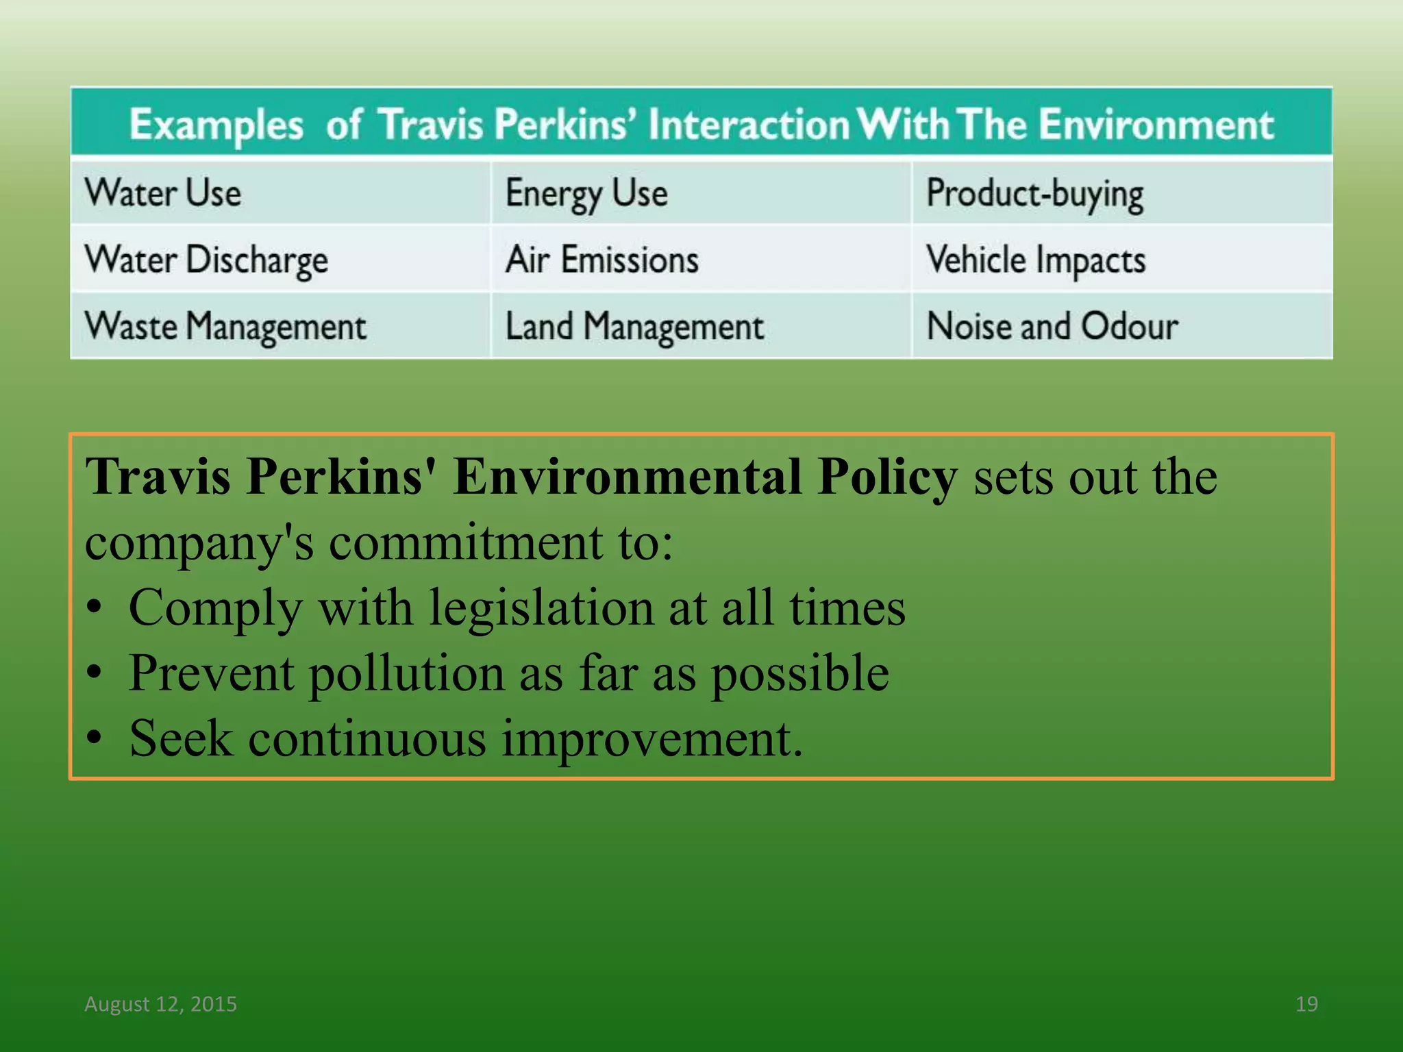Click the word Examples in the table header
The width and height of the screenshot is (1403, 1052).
pyautogui.click(x=216, y=125)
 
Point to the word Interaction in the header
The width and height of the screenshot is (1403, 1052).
pyautogui.click(x=749, y=125)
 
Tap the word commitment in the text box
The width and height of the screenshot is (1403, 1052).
pyautogui.click(x=467, y=542)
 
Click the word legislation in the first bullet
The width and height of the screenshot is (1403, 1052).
pyautogui.click(x=541, y=608)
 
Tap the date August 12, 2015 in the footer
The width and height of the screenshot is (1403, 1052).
pyautogui.click(x=160, y=1003)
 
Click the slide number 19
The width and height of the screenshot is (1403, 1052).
pyautogui.click(x=1306, y=1003)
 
